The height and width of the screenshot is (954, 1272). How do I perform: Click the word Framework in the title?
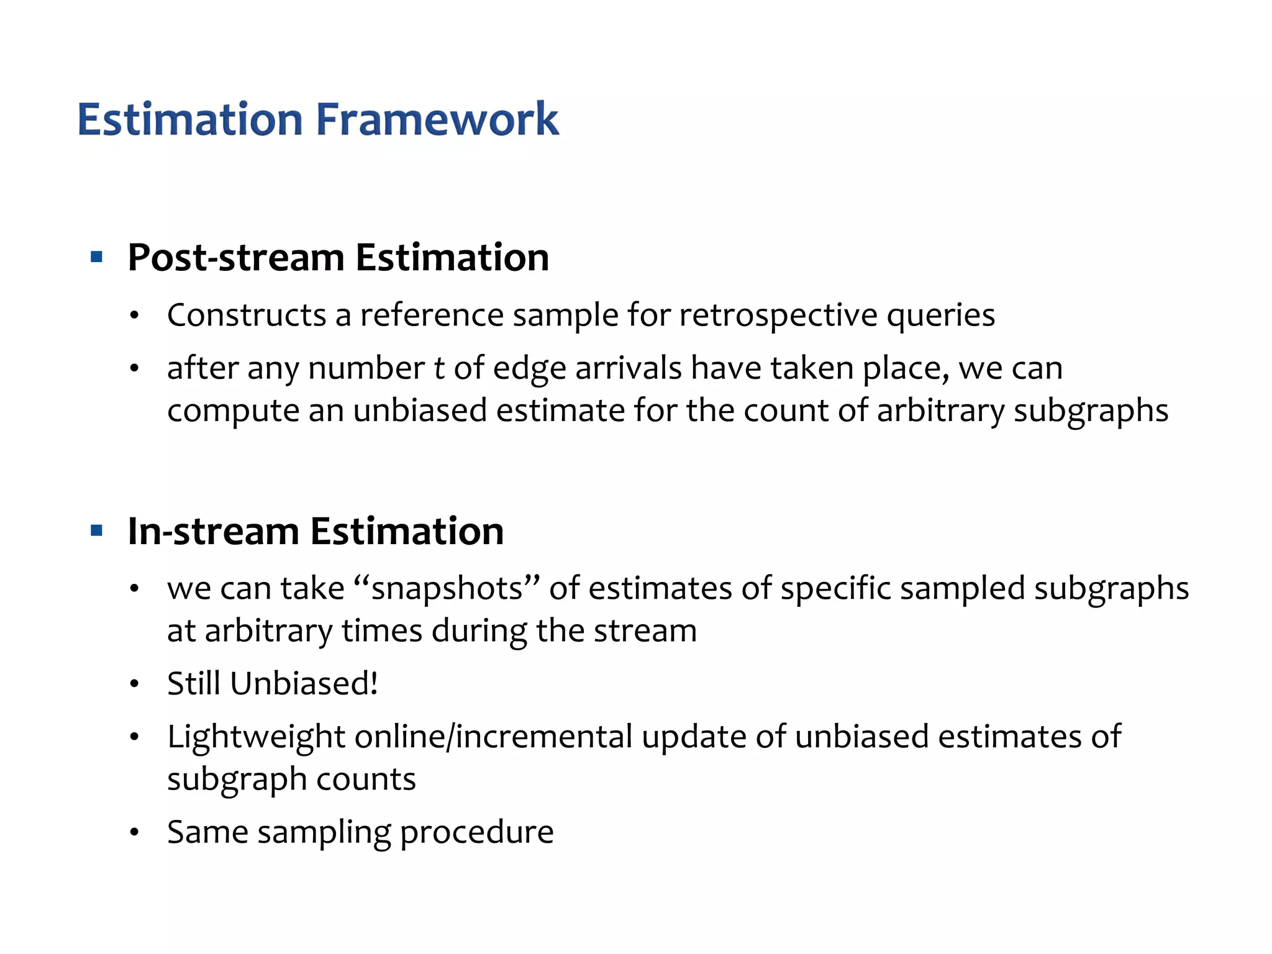(437, 119)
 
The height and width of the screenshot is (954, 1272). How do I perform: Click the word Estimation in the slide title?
(190, 119)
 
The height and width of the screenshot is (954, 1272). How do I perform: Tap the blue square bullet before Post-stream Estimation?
(96, 257)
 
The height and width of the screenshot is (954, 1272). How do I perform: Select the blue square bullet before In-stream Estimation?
(96, 531)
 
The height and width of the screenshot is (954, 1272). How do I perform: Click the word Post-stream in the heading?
(237, 257)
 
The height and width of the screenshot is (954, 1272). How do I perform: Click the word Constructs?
(247, 315)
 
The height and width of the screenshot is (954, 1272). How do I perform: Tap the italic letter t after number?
(439, 368)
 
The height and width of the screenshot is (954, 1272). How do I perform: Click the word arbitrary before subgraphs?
(940, 411)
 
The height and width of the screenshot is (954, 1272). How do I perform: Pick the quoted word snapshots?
(447, 588)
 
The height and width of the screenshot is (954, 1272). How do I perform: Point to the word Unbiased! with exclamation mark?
(304, 684)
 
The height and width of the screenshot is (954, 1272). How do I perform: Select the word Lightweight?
(256, 737)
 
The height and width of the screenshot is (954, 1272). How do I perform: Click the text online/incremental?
(493, 737)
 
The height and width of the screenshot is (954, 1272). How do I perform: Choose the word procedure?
(476, 833)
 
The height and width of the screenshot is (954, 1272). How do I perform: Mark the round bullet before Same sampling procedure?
(134, 833)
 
